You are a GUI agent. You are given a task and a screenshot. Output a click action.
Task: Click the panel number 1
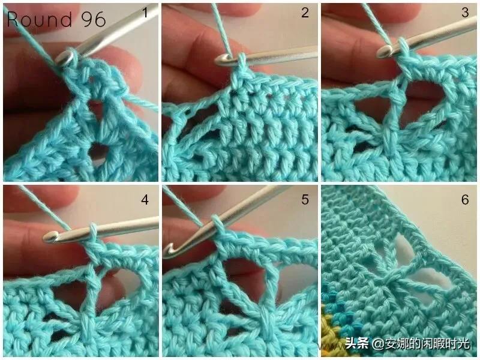coord(145,13)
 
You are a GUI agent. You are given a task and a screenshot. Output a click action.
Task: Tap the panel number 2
coord(305,13)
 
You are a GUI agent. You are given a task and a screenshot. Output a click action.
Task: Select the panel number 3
coord(465,13)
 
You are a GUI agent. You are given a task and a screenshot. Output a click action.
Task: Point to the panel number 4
coord(145,200)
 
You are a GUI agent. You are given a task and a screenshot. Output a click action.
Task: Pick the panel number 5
coord(305,200)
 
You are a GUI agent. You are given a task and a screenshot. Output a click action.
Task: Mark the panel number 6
coord(465,200)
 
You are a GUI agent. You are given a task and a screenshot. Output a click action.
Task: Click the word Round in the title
coord(40,19)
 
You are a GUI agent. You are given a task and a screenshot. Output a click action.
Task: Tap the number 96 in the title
coord(94,19)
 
